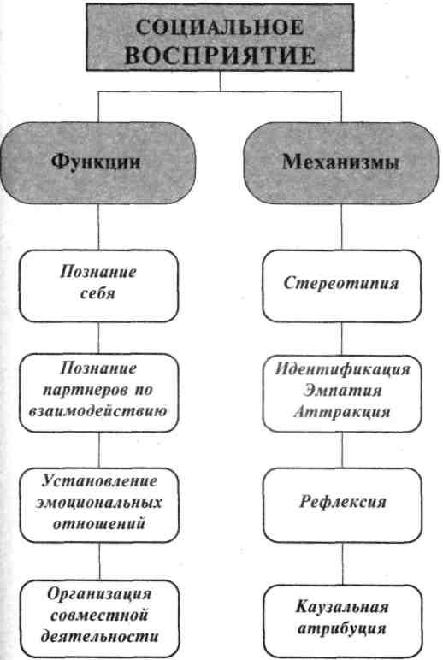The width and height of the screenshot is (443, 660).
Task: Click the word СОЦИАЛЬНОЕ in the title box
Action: pos(220,28)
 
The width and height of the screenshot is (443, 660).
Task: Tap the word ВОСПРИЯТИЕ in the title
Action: pos(220,56)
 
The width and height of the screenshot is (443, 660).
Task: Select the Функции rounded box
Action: pos(97,163)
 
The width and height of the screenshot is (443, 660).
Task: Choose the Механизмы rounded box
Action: pos(341,163)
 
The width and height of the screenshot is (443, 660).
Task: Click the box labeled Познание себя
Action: pos(98,286)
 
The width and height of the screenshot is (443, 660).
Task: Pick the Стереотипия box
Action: pos(341,286)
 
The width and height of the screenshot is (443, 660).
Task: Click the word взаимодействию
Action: pos(98,411)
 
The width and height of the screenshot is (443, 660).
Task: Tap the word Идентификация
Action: pos(342,369)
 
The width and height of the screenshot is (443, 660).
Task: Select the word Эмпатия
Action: pos(342,390)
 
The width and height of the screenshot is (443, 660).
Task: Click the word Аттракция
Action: pos(341,411)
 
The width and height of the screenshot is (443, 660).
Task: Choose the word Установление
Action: pos(99,481)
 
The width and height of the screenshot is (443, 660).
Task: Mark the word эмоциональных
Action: pos(99,503)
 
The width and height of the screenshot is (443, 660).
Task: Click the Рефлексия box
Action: pos(342,505)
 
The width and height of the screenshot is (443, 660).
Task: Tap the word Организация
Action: pos(99,594)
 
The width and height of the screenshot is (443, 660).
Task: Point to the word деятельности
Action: pos(99,635)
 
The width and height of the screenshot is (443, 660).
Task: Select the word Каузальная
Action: pos(342,607)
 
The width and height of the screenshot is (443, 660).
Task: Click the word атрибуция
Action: pos(342,628)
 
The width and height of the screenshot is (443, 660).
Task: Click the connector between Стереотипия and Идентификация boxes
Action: pos(341,339)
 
